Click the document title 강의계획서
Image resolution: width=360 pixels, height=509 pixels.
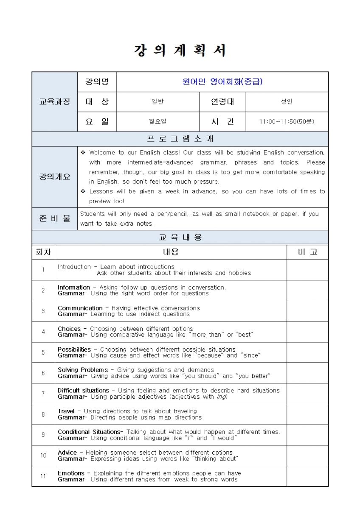pyautogui.click(x=180, y=51)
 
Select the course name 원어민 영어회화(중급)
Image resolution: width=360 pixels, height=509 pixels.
pyautogui.click(x=222, y=82)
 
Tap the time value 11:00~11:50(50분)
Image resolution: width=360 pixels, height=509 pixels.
pyautogui.click(x=287, y=122)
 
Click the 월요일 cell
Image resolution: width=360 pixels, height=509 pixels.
pyautogui.click(x=157, y=122)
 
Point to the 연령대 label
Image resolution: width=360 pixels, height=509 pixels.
pyautogui.click(x=222, y=102)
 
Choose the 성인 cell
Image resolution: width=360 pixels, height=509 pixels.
pyautogui.click(x=287, y=102)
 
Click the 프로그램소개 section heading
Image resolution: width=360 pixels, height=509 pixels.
pyautogui.click(x=180, y=139)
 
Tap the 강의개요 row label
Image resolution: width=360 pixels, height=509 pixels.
pyautogui.click(x=55, y=177)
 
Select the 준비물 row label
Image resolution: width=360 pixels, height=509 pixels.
pyautogui.click(x=55, y=219)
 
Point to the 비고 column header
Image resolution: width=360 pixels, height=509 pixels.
pyautogui.click(x=307, y=252)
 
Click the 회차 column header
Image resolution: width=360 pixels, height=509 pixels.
pyautogui.click(x=43, y=252)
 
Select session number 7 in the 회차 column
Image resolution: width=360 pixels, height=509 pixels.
pyautogui.click(x=43, y=394)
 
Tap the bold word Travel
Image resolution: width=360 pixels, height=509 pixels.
pyautogui.click(x=66, y=411)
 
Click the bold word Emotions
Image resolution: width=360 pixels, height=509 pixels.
pyautogui.click(x=71, y=473)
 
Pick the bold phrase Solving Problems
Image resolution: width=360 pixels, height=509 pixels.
pyautogui.click(x=83, y=370)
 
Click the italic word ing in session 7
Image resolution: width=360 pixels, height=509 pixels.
pyautogui.click(x=222, y=397)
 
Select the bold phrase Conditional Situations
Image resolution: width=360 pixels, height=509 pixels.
pyautogui.click(x=89, y=432)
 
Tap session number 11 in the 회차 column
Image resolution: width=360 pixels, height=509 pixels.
pyautogui.click(x=43, y=476)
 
